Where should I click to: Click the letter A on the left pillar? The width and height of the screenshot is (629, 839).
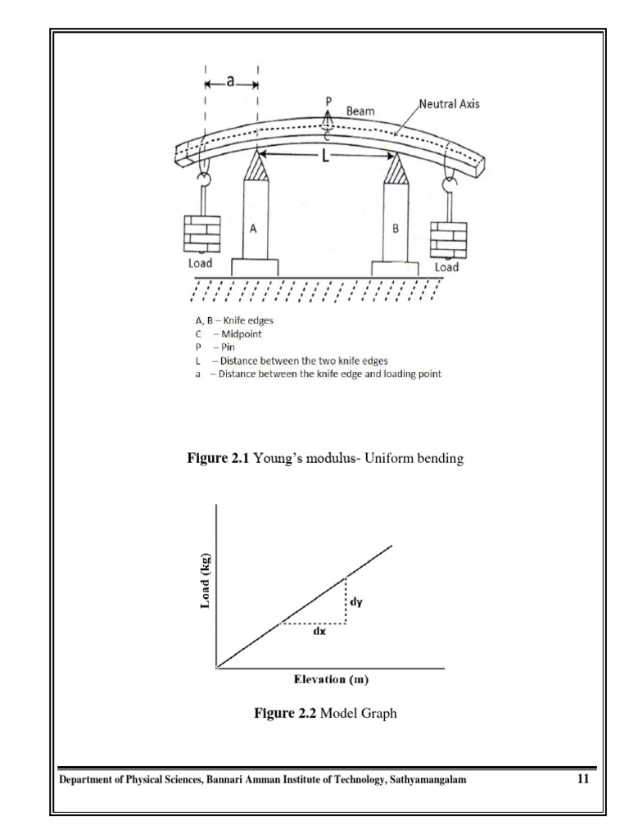(254, 230)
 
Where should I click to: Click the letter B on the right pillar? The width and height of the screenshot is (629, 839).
(396, 229)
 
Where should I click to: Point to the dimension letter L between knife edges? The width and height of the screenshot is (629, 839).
(326, 157)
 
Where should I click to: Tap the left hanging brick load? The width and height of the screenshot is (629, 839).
(201, 234)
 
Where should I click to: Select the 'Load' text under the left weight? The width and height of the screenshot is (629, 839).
(200, 263)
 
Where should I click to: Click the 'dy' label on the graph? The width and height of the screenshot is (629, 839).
(356, 602)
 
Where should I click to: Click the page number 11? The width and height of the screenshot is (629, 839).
(582, 779)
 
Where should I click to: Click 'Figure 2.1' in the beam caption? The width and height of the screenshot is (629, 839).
(219, 460)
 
